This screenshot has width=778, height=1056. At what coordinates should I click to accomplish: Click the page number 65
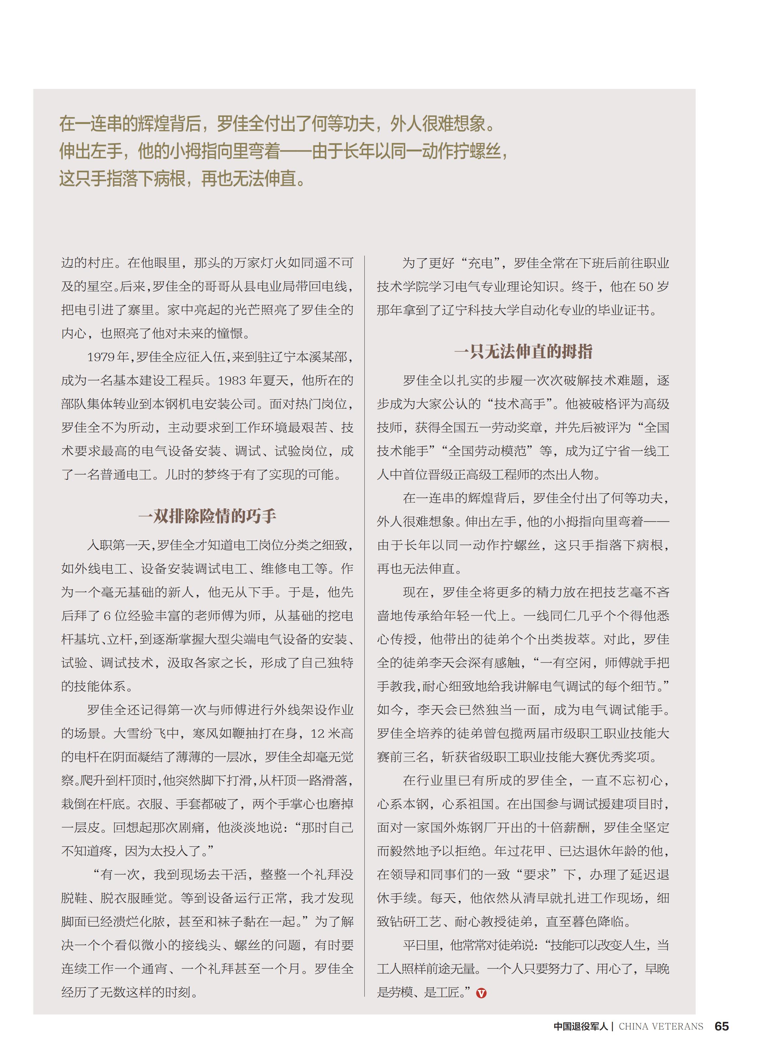point(721,1026)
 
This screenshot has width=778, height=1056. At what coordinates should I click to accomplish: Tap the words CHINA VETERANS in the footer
point(660,1026)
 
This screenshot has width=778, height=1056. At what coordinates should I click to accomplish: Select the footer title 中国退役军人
point(581,1026)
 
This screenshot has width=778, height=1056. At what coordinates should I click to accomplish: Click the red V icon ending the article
point(481,993)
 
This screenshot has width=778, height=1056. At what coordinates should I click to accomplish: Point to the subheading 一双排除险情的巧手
point(207,516)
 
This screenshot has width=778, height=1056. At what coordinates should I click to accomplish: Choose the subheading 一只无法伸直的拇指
point(523,351)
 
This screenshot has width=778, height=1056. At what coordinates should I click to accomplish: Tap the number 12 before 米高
point(317,733)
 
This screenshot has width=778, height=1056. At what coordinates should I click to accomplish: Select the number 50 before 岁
point(646,286)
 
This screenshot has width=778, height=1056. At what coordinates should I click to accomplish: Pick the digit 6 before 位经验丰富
point(107,616)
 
